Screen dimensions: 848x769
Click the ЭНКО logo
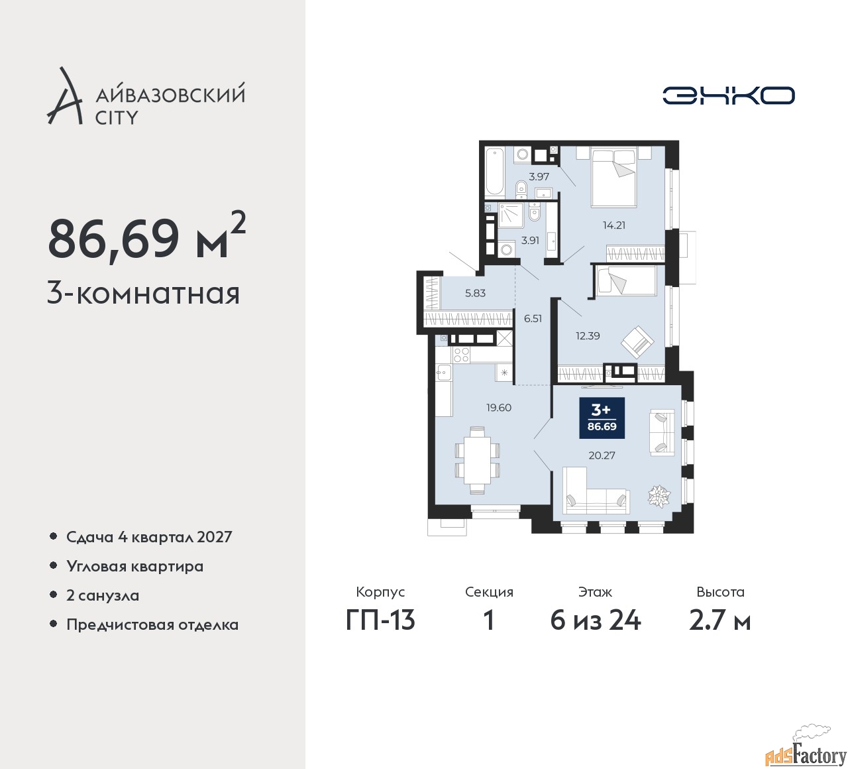[x=728, y=95]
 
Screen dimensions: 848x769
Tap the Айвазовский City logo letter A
[x=64, y=95]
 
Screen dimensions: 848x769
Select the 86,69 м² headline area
[x=146, y=237]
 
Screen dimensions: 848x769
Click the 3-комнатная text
[x=143, y=294]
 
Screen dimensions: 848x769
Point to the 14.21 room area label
[x=614, y=225]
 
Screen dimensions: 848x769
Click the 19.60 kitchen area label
[x=499, y=407]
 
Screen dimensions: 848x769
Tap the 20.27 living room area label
[x=602, y=455]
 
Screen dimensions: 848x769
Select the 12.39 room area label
[x=588, y=336]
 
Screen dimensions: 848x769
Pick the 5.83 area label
[x=475, y=293]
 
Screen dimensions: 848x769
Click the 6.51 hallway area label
[x=533, y=318]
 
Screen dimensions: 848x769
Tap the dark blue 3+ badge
[x=602, y=418]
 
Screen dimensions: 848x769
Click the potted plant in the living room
[x=659, y=495]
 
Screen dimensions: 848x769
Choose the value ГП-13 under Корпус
[x=380, y=621]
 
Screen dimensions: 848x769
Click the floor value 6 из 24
[x=596, y=621]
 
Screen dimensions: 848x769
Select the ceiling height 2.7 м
[x=720, y=621]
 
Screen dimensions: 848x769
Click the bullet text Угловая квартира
[x=135, y=566]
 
